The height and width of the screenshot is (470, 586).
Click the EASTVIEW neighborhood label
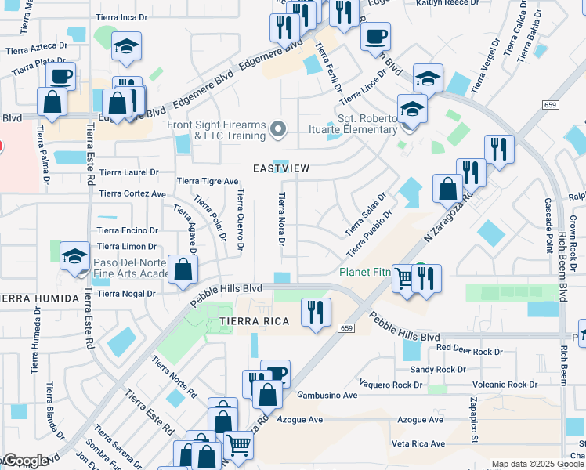[x=281, y=168]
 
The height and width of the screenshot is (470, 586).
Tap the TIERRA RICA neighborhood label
[x=250, y=322]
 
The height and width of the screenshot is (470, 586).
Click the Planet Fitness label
[x=365, y=273]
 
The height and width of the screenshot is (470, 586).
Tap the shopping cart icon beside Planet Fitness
[x=404, y=277]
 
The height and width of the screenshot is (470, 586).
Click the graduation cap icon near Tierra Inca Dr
[x=125, y=47]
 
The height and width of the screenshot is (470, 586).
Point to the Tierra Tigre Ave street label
[x=208, y=181]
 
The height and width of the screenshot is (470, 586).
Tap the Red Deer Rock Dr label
[x=469, y=352]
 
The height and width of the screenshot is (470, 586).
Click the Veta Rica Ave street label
[x=418, y=443]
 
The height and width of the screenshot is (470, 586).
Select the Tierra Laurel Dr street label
[x=128, y=172]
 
